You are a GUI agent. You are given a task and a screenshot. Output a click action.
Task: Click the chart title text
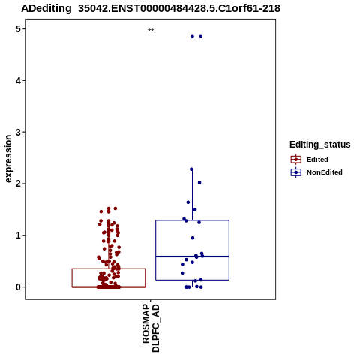[151, 8]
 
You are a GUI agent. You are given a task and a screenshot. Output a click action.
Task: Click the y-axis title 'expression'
[8, 159]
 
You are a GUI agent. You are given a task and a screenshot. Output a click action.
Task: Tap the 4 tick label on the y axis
[18, 80]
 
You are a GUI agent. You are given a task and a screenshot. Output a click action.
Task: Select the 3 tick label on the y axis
[18, 132]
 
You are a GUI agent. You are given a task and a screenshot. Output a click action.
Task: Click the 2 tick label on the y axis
[18, 184]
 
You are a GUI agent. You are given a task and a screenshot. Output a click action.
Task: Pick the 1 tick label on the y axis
[18, 235]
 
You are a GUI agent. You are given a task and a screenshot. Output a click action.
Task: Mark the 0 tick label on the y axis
[18, 287]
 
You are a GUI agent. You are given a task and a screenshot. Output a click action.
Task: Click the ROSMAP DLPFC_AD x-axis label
[151, 328]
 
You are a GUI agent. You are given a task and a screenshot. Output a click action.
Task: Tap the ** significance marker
[151, 30]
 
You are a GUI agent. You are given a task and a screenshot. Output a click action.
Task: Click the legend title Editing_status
[320, 145]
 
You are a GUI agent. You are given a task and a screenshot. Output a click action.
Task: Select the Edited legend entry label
[317, 160]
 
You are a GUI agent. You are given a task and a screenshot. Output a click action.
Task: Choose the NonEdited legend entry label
[325, 172]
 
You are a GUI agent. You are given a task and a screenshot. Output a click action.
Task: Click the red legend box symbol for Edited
[296, 160]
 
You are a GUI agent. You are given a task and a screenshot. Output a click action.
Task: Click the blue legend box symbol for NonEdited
[296, 172]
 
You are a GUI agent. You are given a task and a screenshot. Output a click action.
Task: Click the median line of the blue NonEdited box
[192, 256]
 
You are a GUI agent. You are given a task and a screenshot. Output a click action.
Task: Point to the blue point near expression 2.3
[191, 169]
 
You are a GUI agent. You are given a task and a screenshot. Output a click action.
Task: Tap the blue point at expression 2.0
[199, 183]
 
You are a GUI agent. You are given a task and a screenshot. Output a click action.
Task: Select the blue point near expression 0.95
[193, 238]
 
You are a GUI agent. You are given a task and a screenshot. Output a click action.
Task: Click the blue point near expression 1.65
[188, 202]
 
